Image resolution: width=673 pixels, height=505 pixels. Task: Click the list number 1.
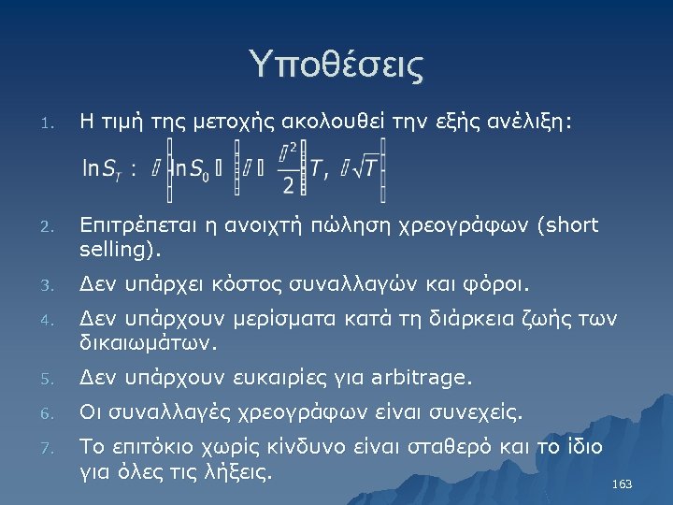pyautogui.click(x=54, y=123)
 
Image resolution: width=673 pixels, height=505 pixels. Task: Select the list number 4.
pyautogui.click(x=54, y=322)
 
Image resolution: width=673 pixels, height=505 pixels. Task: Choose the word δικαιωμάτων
pyautogui.click(x=149, y=343)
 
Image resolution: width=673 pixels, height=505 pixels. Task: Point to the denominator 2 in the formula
pyautogui.click(x=288, y=185)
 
